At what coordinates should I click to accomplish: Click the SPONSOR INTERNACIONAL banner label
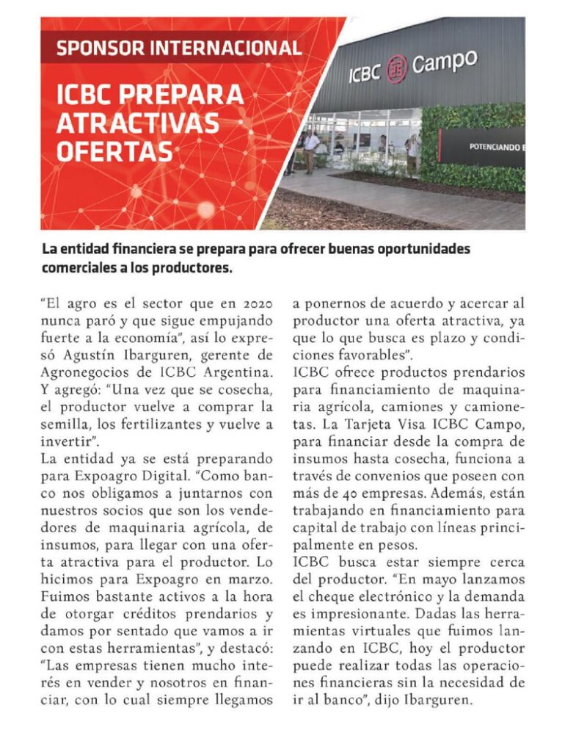[178, 49]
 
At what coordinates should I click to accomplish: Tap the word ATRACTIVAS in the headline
[138, 123]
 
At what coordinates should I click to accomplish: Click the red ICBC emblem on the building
[397, 69]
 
